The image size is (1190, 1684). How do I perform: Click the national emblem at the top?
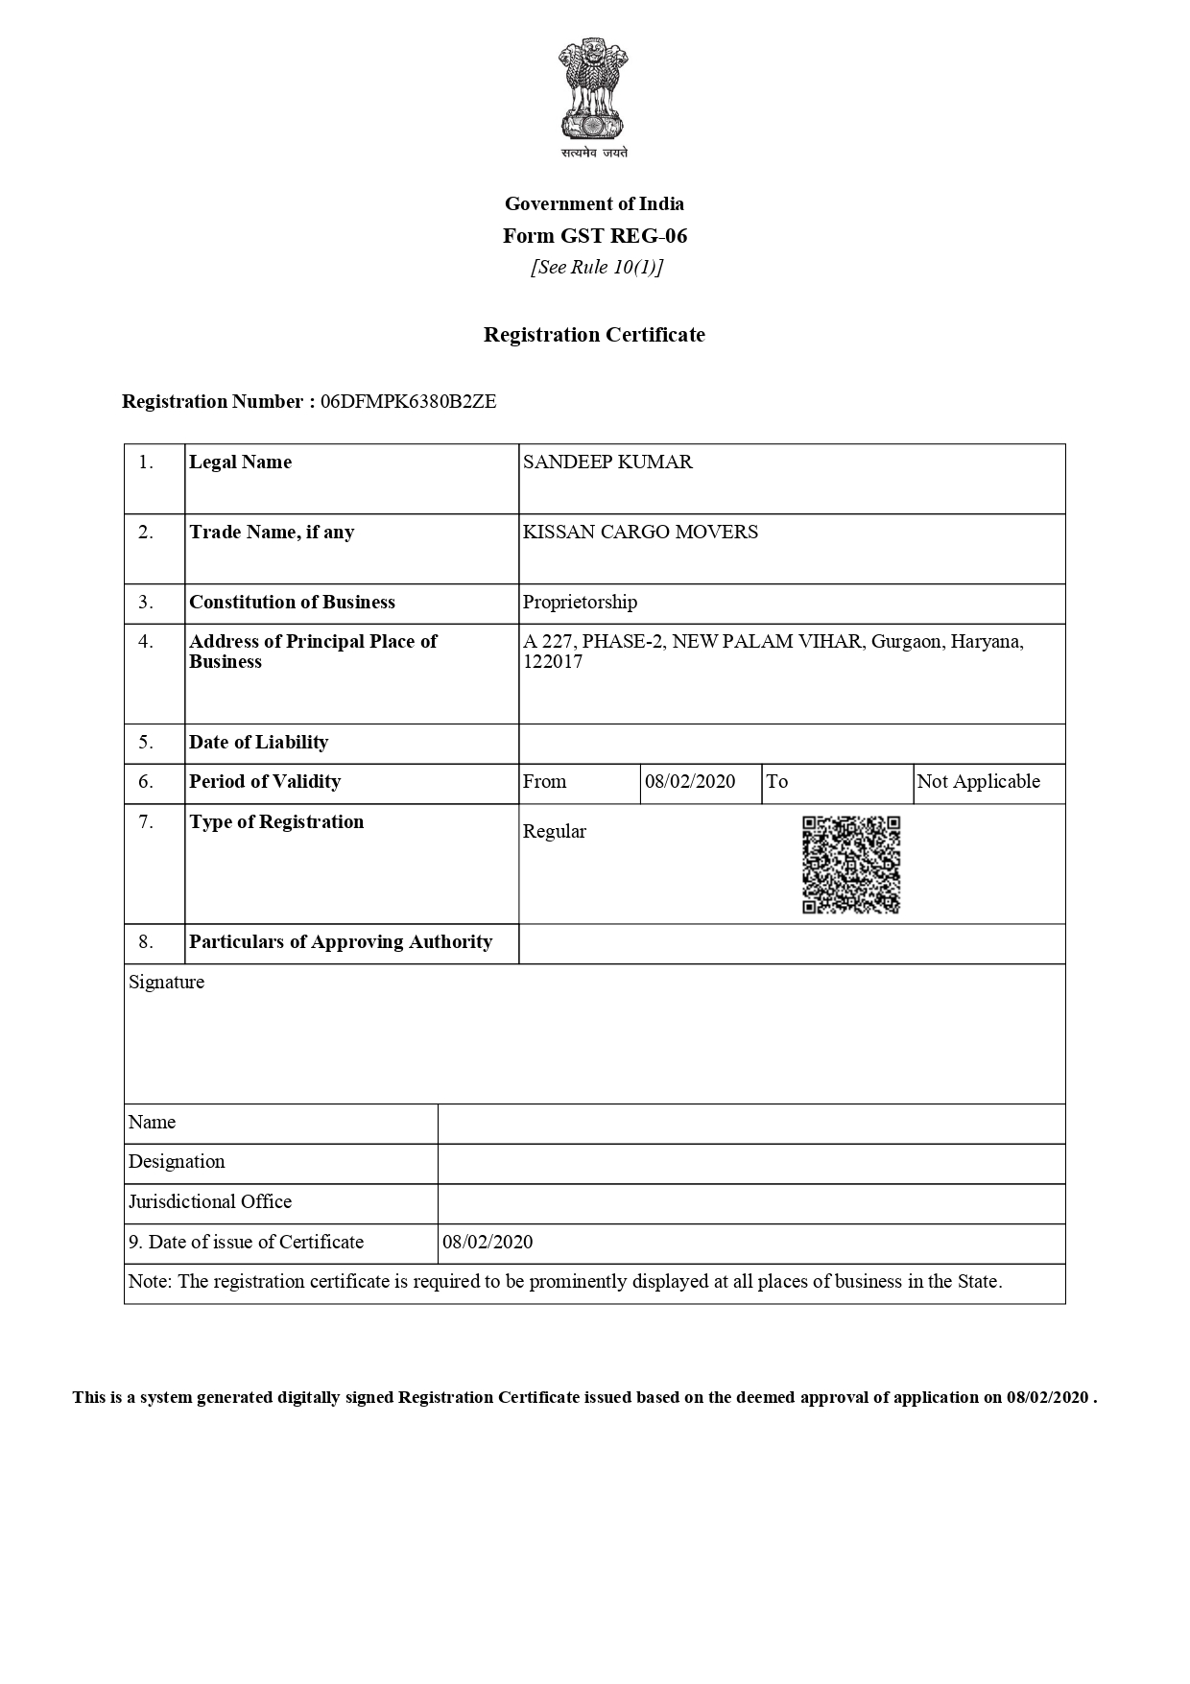pyautogui.click(x=594, y=91)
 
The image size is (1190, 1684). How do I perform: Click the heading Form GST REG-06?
pyautogui.click(x=595, y=236)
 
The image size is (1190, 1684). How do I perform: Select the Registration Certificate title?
pyautogui.click(x=594, y=335)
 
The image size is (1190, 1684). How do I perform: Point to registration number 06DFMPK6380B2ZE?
pyautogui.click(x=408, y=402)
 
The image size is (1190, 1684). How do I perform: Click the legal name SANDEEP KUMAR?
pyautogui.click(x=607, y=463)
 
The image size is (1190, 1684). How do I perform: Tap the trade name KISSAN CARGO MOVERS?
pyautogui.click(x=640, y=533)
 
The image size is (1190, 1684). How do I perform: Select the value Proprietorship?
pyautogui.click(x=580, y=603)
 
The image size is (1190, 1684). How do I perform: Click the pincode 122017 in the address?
pyautogui.click(x=553, y=662)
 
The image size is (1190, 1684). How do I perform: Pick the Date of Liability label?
pyautogui.click(x=258, y=743)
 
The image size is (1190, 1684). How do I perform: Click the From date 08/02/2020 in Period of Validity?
pyautogui.click(x=690, y=782)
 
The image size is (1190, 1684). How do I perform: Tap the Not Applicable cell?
pyautogui.click(x=978, y=782)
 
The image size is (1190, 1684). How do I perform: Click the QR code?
pyautogui.click(x=851, y=865)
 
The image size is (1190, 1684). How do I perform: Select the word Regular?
pyautogui.click(x=554, y=832)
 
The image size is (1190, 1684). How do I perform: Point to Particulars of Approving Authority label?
pyautogui.click(x=341, y=942)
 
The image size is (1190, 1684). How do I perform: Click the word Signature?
pyautogui.click(x=166, y=983)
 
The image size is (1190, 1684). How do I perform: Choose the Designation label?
pyautogui.click(x=177, y=1162)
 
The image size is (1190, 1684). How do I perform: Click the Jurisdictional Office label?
pyautogui.click(x=210, y=1202)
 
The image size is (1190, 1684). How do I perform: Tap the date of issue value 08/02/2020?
pyautogui.click(x=488, y=1243)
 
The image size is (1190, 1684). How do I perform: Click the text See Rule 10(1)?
pyautogui.click(x=597, y=268)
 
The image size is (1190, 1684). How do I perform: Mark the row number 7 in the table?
pyautogui.click(x=146, y=822)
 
